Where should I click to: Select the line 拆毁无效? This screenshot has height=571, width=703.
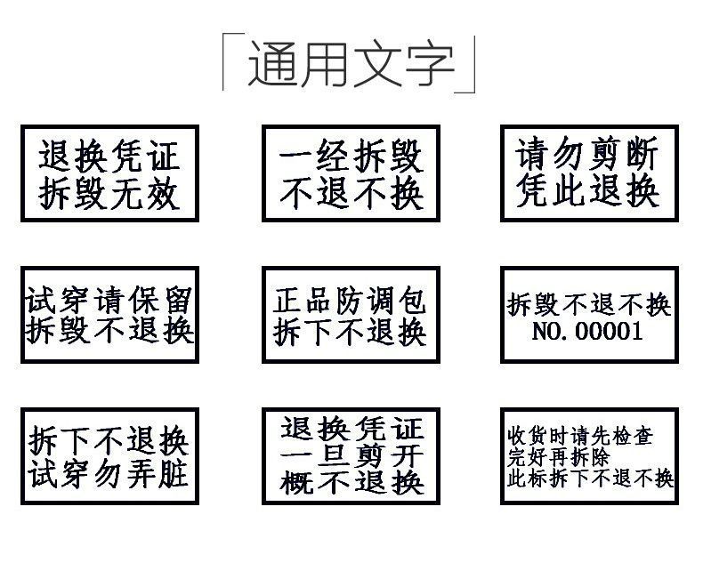109,193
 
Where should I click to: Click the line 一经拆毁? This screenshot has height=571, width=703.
351,157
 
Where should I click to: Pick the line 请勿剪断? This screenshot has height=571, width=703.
588,156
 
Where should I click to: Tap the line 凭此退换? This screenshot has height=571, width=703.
588,190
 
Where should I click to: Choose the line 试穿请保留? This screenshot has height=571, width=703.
109,299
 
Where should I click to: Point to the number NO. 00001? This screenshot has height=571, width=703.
587,332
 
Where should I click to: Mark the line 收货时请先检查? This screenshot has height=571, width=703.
579,438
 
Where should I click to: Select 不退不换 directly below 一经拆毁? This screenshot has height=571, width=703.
351,193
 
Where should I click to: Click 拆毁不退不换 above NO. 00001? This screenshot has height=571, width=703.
588,305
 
